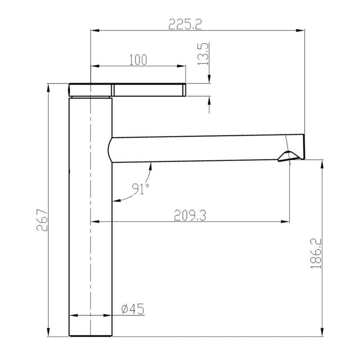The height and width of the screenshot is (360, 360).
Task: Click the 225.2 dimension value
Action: (x=185, y=24)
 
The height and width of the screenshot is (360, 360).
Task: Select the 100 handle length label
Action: (x=138, y=60)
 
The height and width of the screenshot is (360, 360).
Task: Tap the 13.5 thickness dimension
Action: (x=203, y=54)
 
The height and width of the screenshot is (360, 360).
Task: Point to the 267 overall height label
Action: (x=42, y=220)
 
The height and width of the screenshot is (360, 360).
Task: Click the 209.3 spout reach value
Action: (x=190, y=216)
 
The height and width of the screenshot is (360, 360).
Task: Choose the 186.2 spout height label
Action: (x=316, y=253)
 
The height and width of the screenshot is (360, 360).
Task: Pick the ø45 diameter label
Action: (x=133, y=309)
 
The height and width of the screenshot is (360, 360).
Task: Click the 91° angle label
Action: (x=140, y=189)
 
